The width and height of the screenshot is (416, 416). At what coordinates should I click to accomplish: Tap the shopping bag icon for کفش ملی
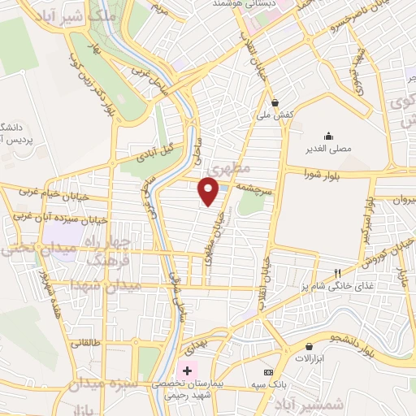(275, 103)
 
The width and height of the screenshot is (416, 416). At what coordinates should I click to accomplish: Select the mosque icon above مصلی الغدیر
(328, 136)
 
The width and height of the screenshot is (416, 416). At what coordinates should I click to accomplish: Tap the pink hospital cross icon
(188, 371)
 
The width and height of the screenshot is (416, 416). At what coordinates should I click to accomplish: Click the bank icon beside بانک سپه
(267, 371)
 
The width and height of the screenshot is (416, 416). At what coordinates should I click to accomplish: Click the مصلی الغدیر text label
(328, 149)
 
